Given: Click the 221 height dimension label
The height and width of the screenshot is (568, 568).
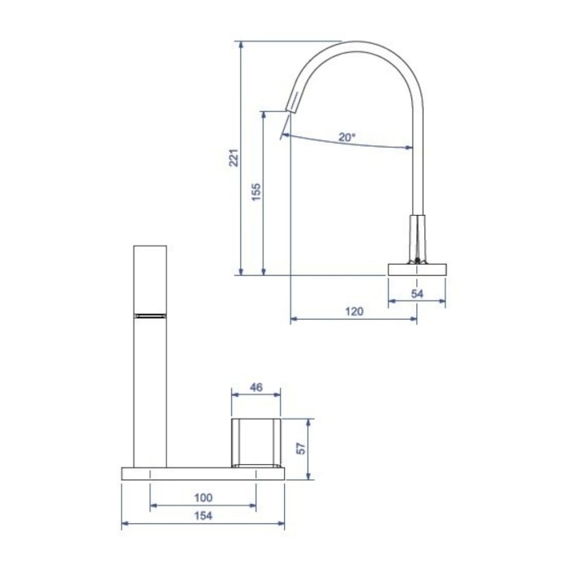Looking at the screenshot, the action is point(234,158).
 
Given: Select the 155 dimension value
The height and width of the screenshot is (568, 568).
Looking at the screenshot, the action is point(256,192).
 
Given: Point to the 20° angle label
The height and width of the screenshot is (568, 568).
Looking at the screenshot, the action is point(347,137).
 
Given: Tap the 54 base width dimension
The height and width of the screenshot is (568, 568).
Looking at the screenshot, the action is point(417,294).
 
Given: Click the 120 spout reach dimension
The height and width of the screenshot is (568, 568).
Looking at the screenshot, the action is point(354,311).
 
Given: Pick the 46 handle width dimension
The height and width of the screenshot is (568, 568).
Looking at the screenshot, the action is point(256,387).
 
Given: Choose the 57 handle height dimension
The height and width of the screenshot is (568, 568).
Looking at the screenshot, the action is point(301,449).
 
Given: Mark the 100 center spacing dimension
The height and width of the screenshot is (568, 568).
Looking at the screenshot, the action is point(203,497).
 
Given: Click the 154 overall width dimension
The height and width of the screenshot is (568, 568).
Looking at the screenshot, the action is point(203,515).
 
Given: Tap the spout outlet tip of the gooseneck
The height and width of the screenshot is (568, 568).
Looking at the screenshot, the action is point(290,110).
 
